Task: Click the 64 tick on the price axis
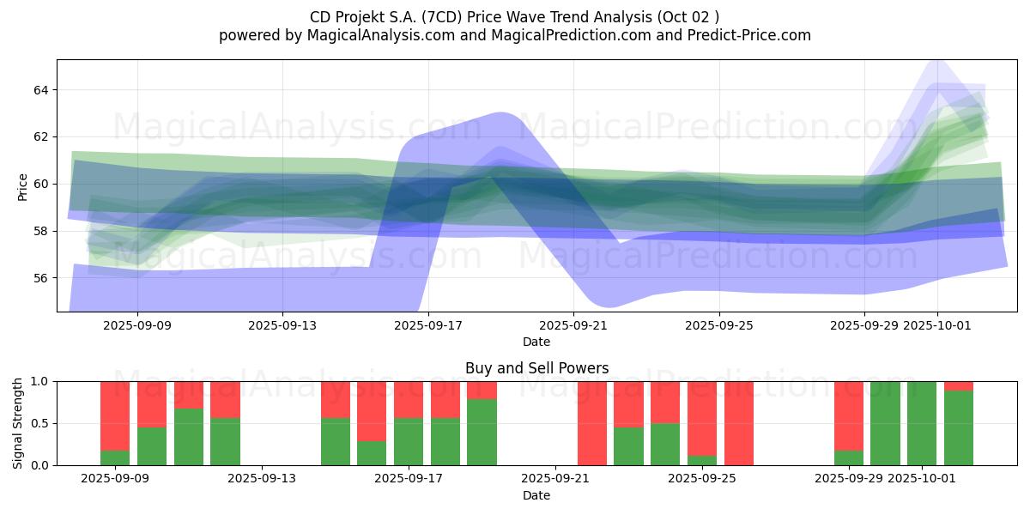coord(41,90)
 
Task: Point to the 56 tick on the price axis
coord(41,278)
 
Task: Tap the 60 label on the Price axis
coord(41,184)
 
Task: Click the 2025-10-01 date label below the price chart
coord(936,326)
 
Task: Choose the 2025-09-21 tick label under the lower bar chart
coord(555,479)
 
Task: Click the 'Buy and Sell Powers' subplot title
coord(536,368)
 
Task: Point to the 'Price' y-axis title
coord(22,186)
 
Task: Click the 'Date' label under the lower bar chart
coord(536,495)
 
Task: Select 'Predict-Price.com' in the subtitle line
coord(743,35)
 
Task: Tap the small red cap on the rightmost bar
coord(959,385)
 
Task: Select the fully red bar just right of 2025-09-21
coord(592,423)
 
